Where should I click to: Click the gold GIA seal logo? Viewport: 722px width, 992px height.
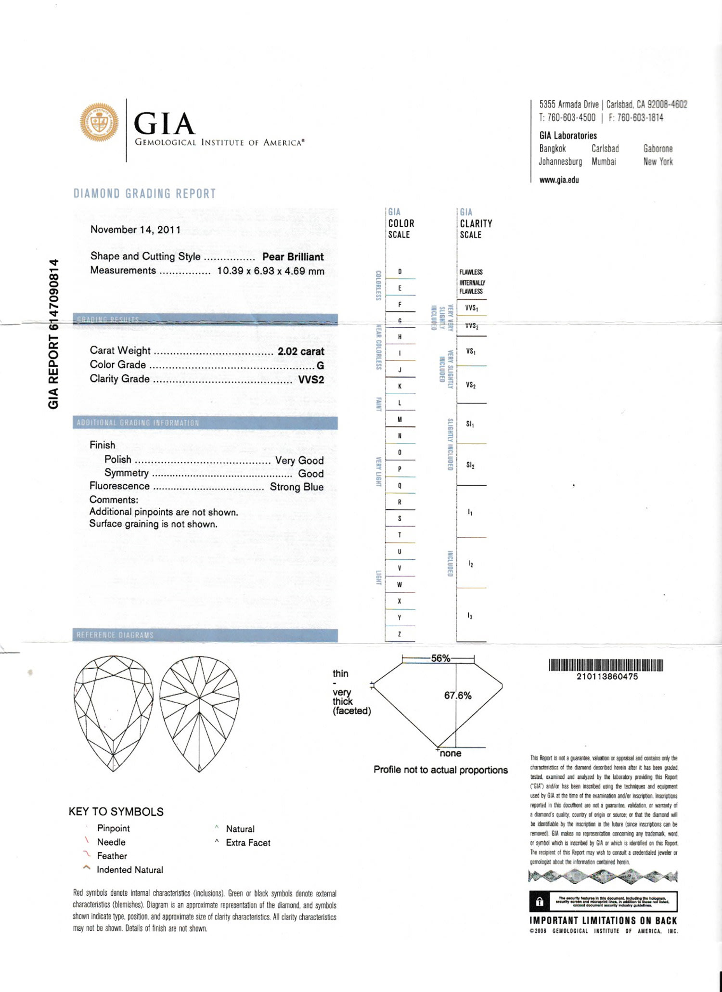(x=99, y=122)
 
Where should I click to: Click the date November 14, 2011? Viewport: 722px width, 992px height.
(x=135, y=230)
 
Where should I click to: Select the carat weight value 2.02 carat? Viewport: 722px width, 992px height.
(x=301, y=351)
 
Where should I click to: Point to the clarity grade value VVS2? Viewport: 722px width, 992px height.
(x=311, y=379)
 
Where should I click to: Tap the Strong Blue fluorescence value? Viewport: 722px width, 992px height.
(x=297, y=487)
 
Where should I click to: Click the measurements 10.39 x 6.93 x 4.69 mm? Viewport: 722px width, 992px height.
(x=271, y=271)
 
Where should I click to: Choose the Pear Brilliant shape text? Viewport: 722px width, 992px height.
(x=293, y=257)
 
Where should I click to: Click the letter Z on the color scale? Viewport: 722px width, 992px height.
(x=400, y=634)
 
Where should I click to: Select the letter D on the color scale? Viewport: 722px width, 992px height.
(x=400, y=271)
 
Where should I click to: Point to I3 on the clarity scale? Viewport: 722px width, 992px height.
(x=470, y=616)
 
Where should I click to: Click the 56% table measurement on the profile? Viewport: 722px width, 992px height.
(x=440, y=658)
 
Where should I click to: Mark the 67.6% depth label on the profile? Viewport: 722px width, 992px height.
(x=458, y=696)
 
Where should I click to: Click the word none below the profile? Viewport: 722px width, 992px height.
(x=450, y=753)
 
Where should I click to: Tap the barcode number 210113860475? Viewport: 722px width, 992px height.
(x=607, y=676)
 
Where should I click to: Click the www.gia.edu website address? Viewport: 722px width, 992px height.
(x=559, y=180)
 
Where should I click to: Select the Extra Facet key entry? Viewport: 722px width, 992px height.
(x=248, y=843)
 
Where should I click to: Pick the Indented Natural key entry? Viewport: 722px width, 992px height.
(x=129, y=870)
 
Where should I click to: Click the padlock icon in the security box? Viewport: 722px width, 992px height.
(x=540, y=902)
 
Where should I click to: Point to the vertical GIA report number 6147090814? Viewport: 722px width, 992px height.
(x=53, y=334)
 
